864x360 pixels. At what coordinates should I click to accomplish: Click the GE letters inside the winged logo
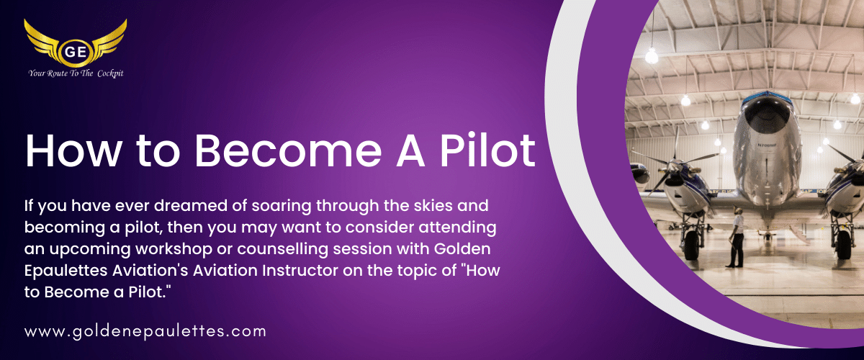pyautogui.click(x=75, y=51)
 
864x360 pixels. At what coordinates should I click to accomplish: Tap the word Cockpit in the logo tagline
pyautogui.click(x=110, y=73)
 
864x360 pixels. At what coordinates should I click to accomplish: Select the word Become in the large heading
pyautogui.click(x=288, y=150)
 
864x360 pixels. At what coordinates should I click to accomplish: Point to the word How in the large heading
pyautogui.click(x=73, y=150)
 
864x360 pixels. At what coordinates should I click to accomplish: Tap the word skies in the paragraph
pyautogui.click(x=433, y=206)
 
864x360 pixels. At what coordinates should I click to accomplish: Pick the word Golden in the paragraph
pyautogui.click(x=462, y=249)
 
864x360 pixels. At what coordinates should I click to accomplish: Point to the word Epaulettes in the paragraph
pyautogui.click(x=66, y=271)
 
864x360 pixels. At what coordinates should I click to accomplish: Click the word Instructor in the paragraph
pyautogui.click(x=300, y=271)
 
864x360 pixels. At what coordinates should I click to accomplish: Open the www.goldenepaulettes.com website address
pyautogui.click(x=145, y=331)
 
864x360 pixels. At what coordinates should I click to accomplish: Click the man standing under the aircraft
pyautogui.click(x=736, y=238)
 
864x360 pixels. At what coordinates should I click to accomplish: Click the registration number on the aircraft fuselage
pyautogui.click(x=767, y=145)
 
